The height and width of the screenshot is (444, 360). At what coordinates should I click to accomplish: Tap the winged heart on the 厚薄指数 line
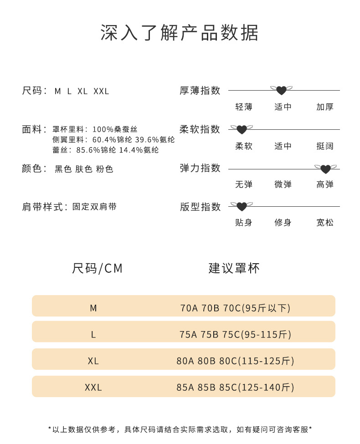(281, 90)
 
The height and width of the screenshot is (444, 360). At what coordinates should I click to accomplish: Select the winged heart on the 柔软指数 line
(242, 130)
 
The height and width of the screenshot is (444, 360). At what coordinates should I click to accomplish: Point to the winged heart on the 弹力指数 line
(325, 169)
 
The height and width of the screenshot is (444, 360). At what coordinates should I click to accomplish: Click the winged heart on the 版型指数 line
(242, 207)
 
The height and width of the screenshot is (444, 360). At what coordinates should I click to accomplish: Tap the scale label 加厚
(325, 107)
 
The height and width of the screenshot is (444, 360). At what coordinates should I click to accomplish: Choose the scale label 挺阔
(325, 146)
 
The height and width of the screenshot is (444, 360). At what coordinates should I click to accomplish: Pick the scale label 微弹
(283, 184)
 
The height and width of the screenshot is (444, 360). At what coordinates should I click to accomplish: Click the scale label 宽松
(325, 223)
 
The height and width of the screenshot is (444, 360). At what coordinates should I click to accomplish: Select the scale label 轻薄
(244, 107)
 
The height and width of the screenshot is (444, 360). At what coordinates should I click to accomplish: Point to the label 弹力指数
(200, 168)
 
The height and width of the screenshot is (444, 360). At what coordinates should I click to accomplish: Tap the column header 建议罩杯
(234, 268)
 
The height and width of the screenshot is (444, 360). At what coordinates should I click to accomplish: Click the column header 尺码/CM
(98, 268)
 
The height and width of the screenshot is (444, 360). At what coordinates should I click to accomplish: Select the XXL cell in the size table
(93, 388)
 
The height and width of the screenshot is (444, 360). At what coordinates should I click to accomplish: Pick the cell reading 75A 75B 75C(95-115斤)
(235, 335)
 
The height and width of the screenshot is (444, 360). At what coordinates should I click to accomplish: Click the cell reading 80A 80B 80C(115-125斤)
(235, 361)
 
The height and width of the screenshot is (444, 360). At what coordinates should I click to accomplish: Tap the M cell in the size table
(93, 308)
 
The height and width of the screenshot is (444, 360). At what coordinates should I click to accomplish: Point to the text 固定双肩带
(94, 207)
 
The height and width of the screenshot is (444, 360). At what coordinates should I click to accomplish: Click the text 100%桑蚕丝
(115, 130)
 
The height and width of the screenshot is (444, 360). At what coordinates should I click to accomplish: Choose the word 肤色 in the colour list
(84, 169)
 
